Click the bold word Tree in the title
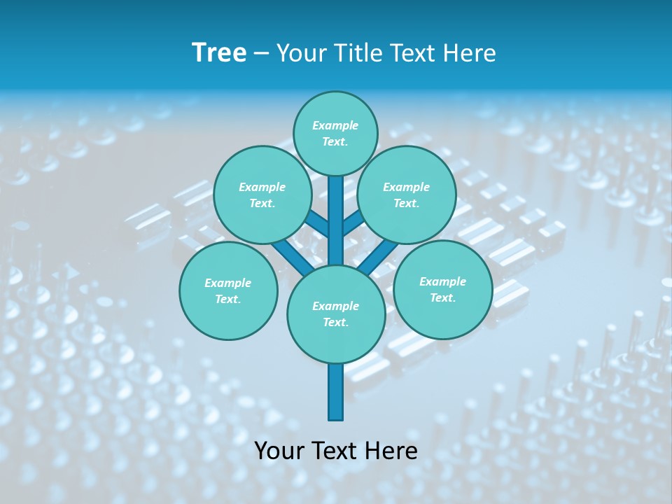click(x=219, y=52)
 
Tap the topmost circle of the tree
click(x=335, y=133)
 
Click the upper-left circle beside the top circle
click(x=262, y=195)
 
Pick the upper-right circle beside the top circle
click(x=407, y=195)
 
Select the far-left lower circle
click(x=228, y=290)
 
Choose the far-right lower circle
click(x=442, y=289)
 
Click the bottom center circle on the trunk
click(x=336, y=314)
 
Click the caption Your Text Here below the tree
click(x=336, y=450)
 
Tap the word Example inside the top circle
click(x=335, y=125)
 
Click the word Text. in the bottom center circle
click(x=335, y=322)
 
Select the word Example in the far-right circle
click(x=442, y=281)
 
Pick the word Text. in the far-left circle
click(x=227, y=299)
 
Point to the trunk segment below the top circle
click(x=336, y=210)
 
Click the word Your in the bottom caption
click(x=278, y=450)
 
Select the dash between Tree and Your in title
click(x=261, y=53)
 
